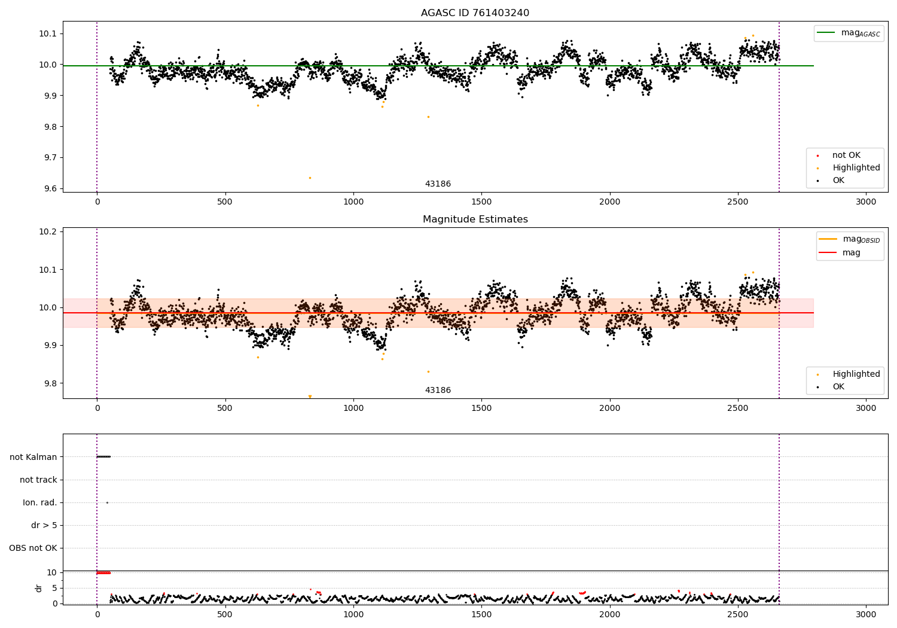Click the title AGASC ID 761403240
[475, 13]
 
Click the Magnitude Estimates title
[475, 220]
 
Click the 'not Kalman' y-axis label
[33, 457]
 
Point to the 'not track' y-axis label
[38, 480]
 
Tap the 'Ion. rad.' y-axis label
[40, 502]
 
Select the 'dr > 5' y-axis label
[44, 525]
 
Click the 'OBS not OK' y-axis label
[33, 548]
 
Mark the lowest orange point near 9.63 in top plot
[310, 178]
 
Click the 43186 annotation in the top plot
[438, 184]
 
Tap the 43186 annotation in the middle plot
[438, 391]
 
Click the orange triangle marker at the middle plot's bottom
[310, 397]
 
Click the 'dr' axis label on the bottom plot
[39, 588]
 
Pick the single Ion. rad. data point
[107, 502]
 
